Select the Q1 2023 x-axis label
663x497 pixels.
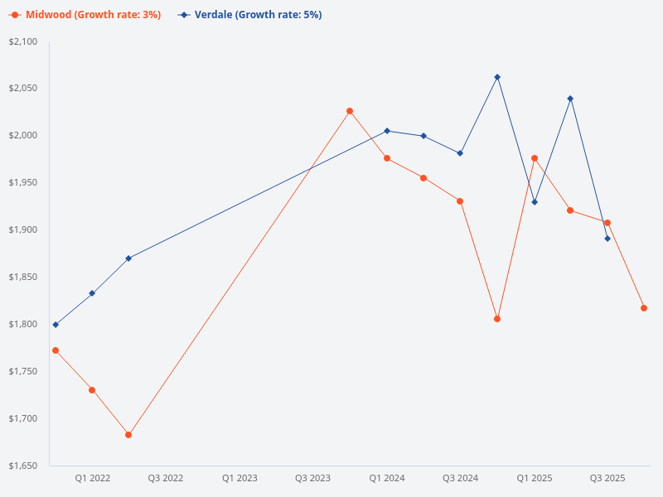[240, 478]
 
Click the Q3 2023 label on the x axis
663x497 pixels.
[313, 478]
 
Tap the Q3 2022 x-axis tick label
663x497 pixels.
[166, 478]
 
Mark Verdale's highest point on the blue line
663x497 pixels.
[497, 77]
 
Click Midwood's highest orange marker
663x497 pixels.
[350, 111]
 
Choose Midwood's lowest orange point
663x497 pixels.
[128, 435]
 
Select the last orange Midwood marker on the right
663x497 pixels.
[644, 308]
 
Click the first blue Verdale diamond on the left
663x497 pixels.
[56, 325]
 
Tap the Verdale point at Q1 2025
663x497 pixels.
[535, 202]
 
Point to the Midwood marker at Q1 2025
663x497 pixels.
[535, 158]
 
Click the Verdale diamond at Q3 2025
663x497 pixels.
[607, 239]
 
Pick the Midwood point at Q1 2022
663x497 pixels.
[92, 390]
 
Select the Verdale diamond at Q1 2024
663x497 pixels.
[387, 131]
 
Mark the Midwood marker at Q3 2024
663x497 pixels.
[460, 201]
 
